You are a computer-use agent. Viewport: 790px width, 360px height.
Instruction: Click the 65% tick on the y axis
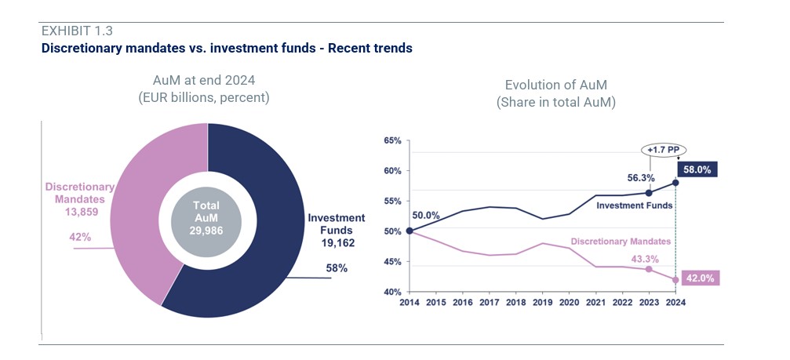tap(393, 141)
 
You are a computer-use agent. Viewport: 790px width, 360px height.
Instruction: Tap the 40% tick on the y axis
tap(393, 292)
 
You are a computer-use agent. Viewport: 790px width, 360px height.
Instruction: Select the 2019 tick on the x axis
tap(541, 302)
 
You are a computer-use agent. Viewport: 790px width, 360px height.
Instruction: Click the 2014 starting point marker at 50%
tap(410, 231)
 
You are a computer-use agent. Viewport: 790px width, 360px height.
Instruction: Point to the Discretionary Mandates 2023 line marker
tap(648, 269)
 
